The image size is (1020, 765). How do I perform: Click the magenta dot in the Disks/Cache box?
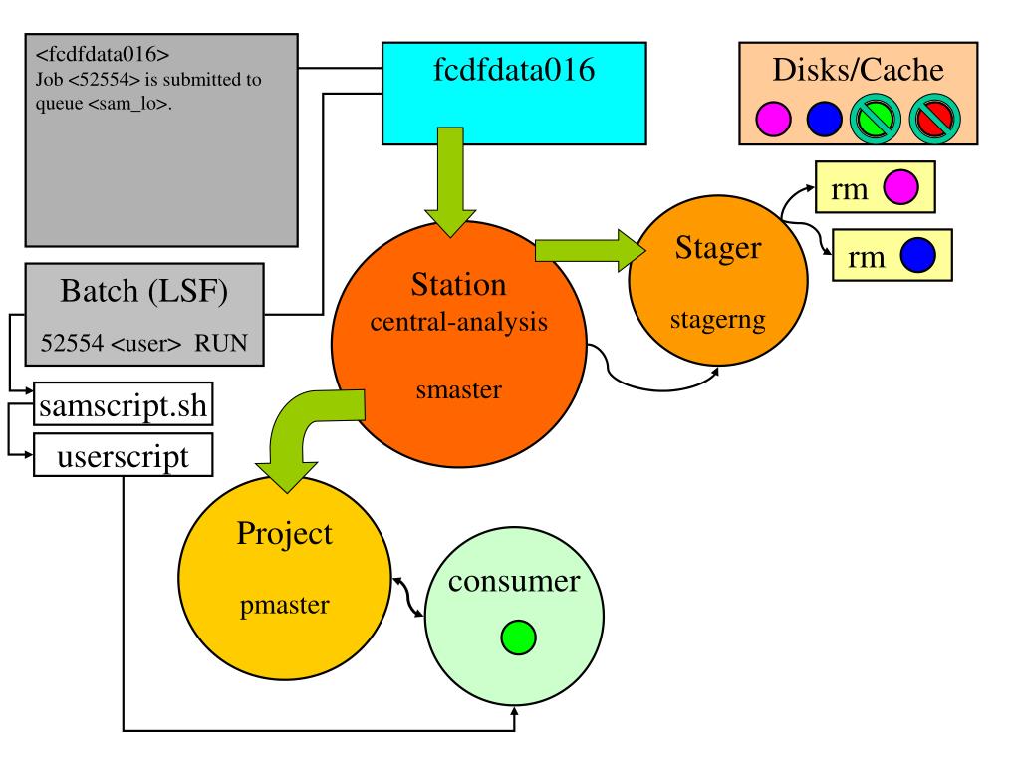tap(773, 120)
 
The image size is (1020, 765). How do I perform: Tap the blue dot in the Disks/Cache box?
tap(824, 120)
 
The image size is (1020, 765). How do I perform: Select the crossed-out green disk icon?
tap(876, 119)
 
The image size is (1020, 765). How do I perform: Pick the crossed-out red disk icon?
tap(934, 119)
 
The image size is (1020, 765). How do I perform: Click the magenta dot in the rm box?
tap(900, 187)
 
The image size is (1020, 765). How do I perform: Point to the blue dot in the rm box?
tap(917, 255)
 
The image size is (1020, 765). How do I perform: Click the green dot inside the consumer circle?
tap(518, 637)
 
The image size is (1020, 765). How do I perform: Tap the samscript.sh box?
tap(123, 404)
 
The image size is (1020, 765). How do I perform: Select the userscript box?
tap(123, 455)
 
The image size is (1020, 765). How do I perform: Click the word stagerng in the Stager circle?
tap(718, 320)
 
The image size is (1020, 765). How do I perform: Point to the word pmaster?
tap(284, 605)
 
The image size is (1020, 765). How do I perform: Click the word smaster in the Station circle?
tap(458, 389)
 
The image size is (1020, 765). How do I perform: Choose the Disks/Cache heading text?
tap(858, 70)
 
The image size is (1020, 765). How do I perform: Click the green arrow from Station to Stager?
tap(590, 250)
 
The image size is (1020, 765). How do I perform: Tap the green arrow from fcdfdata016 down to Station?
tap(450, 182)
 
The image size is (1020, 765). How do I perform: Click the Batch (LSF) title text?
tap(143, 291)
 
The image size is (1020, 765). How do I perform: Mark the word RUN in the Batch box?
tap(221, 343)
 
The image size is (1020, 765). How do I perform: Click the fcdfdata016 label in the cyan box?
tap(514, 69)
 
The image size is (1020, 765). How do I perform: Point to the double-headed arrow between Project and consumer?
tap(407, 596)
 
